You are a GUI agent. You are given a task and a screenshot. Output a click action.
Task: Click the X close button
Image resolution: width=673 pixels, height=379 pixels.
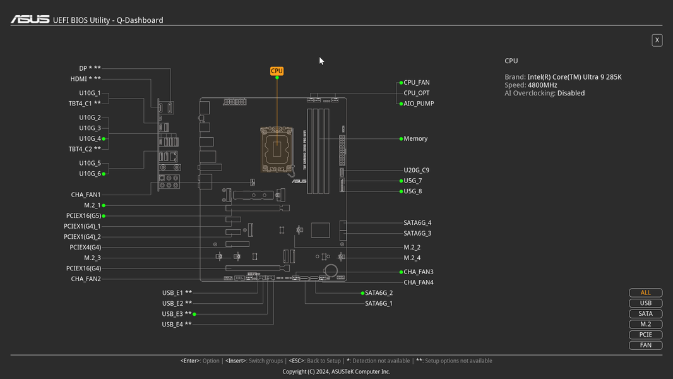tap(657, 40)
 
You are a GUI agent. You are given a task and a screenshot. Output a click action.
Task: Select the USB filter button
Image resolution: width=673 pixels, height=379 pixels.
tap(645, 303)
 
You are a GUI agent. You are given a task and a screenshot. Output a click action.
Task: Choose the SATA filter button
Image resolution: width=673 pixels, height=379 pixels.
tap(645, 314)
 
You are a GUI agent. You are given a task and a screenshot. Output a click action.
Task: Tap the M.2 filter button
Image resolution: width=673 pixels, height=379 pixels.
tap(645, 324)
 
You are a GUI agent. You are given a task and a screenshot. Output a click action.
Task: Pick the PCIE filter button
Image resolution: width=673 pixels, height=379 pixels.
tap(645, 335)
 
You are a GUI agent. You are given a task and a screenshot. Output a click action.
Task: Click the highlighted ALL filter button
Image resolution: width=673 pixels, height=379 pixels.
tap(645, 292)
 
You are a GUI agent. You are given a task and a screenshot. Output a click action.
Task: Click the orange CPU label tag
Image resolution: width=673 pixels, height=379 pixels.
tap(277, 71)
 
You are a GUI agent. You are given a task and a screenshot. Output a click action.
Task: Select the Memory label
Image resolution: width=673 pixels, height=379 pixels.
tap(415, 138)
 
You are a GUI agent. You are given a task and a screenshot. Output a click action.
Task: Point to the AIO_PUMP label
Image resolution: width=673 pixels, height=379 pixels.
tap(419, 104)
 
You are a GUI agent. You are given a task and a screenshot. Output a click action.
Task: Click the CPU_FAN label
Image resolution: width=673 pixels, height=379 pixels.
tap(416, 83)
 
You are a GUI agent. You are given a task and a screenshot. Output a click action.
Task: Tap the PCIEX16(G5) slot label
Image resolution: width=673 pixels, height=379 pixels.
tap(83, 216)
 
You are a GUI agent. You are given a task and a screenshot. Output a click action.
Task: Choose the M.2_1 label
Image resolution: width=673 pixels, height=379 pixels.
tap(92, 205)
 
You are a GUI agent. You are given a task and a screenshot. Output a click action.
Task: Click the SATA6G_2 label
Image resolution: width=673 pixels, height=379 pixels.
tap(379, 293)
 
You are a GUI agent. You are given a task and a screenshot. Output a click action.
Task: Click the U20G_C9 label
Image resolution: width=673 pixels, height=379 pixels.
tap(416, 170)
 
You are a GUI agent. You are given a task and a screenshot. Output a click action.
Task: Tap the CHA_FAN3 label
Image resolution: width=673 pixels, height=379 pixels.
tap(419, 272)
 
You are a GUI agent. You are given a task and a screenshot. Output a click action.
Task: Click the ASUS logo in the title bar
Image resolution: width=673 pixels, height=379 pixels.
tap(30, 20)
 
